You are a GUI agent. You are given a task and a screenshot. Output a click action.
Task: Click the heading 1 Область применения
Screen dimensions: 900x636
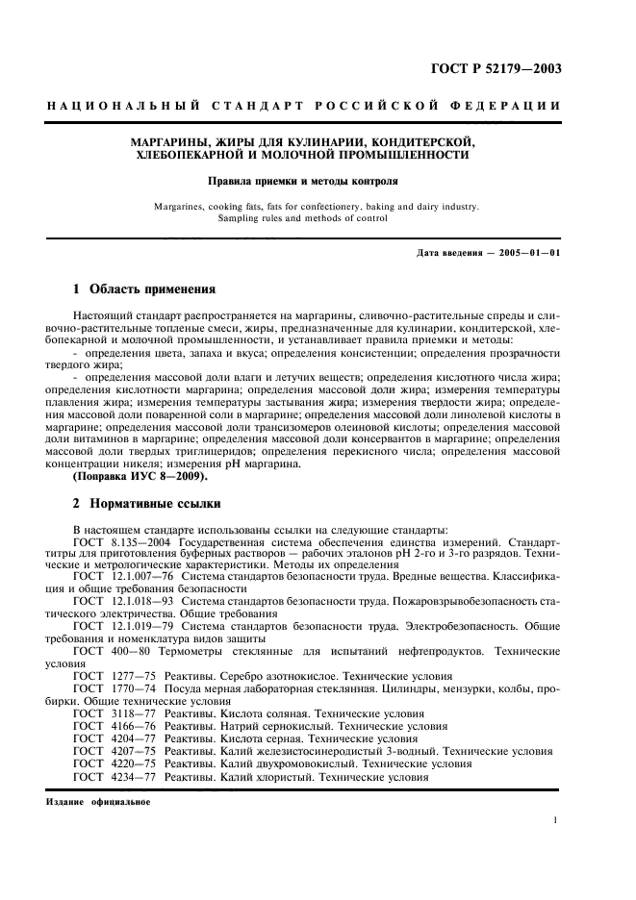(144, 288)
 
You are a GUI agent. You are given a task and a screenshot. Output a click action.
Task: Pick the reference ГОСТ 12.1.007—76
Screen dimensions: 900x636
(115, 575)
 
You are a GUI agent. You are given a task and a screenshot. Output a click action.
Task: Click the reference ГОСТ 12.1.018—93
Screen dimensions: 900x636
(115, 598)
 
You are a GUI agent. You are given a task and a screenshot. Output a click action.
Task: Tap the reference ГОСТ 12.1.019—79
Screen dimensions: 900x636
(115, 622)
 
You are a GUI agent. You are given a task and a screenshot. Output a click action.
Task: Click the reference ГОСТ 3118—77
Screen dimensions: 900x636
(114, 714)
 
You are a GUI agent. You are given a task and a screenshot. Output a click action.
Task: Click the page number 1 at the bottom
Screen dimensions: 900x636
(556, 820)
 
